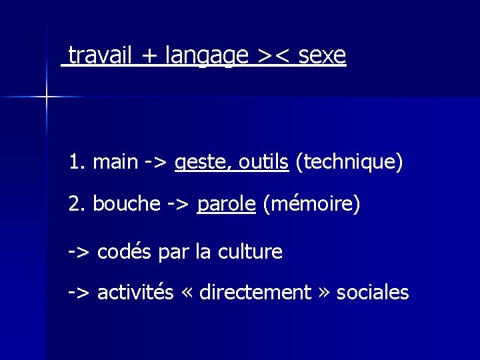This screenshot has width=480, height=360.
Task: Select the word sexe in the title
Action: point(323,55)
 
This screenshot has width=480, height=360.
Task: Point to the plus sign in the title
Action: point(149,56)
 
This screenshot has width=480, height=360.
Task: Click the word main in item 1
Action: point(116,161)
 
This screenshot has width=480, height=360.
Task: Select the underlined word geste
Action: point(197,163)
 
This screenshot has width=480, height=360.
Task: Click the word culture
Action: point(249,252)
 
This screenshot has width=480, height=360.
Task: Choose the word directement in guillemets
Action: point(255,292)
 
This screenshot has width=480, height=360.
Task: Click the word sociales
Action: point(373,292)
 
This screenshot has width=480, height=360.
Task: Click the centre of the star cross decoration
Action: point(47,97)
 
